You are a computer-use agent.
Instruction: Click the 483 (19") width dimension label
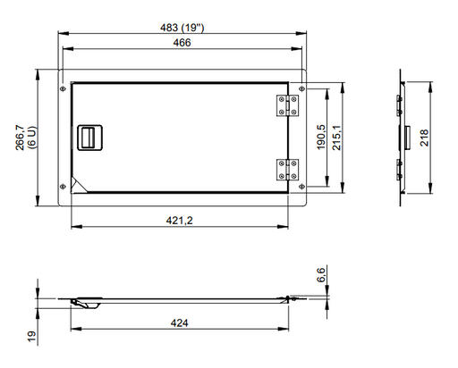[183, 29]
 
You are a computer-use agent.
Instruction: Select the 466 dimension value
[183, 42]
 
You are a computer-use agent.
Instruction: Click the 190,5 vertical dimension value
[321, 138]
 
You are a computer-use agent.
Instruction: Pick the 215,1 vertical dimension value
[336, 138]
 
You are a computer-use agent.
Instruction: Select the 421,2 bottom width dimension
[183, 220]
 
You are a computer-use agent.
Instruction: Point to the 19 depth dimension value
[31, 337]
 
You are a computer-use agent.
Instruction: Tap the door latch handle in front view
[89, 138]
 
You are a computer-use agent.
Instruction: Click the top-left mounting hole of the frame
[62, 88]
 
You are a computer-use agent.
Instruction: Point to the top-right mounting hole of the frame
[301, 88]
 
